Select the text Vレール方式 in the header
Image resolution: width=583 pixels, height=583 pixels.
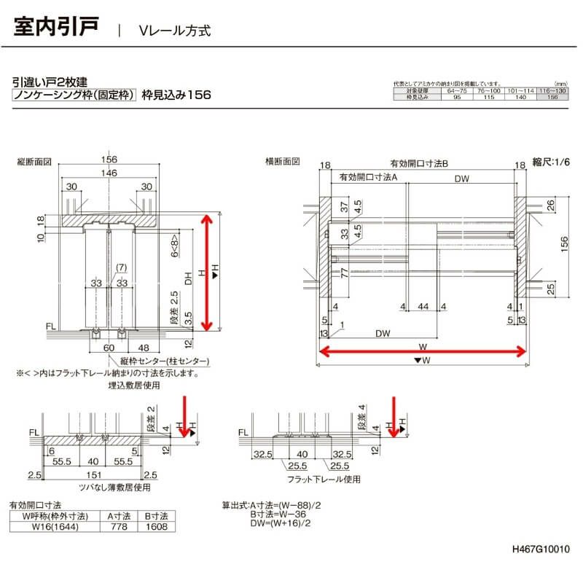175,31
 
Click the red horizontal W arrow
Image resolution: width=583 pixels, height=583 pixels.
422,352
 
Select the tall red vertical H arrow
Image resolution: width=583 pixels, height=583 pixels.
209,272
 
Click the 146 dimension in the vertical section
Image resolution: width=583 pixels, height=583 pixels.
109,173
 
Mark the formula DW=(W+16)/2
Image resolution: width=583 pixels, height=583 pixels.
281,523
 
